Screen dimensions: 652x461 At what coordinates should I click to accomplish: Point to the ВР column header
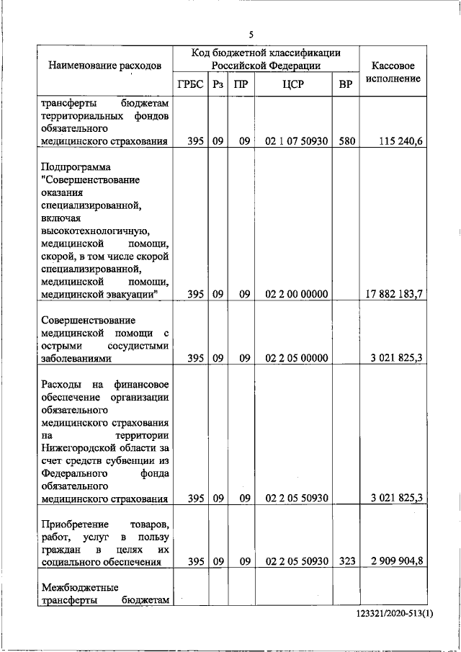point(346,84)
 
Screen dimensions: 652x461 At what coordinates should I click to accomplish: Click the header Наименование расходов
point(104,66)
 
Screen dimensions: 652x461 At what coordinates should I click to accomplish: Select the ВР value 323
point(346,562)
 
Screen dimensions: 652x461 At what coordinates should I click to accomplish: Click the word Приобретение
point(73,524)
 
